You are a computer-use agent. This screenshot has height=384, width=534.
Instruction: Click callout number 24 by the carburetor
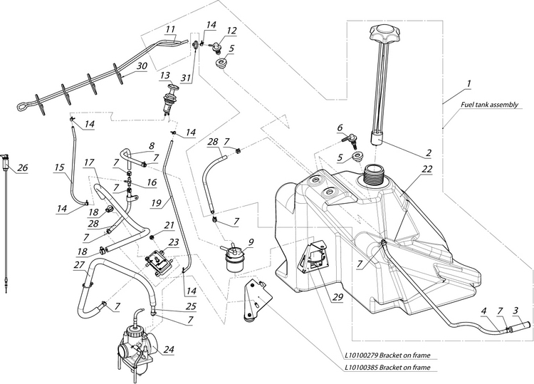[169, 349]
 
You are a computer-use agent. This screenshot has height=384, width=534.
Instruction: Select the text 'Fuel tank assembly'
[488, 104]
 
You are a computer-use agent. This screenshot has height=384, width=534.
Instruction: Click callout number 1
[468, 83]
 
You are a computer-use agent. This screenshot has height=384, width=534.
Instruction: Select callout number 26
[22, 167]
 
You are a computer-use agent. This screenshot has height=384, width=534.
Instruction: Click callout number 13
[164, 75]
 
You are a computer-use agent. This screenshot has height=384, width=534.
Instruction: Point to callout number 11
[170, 29]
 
